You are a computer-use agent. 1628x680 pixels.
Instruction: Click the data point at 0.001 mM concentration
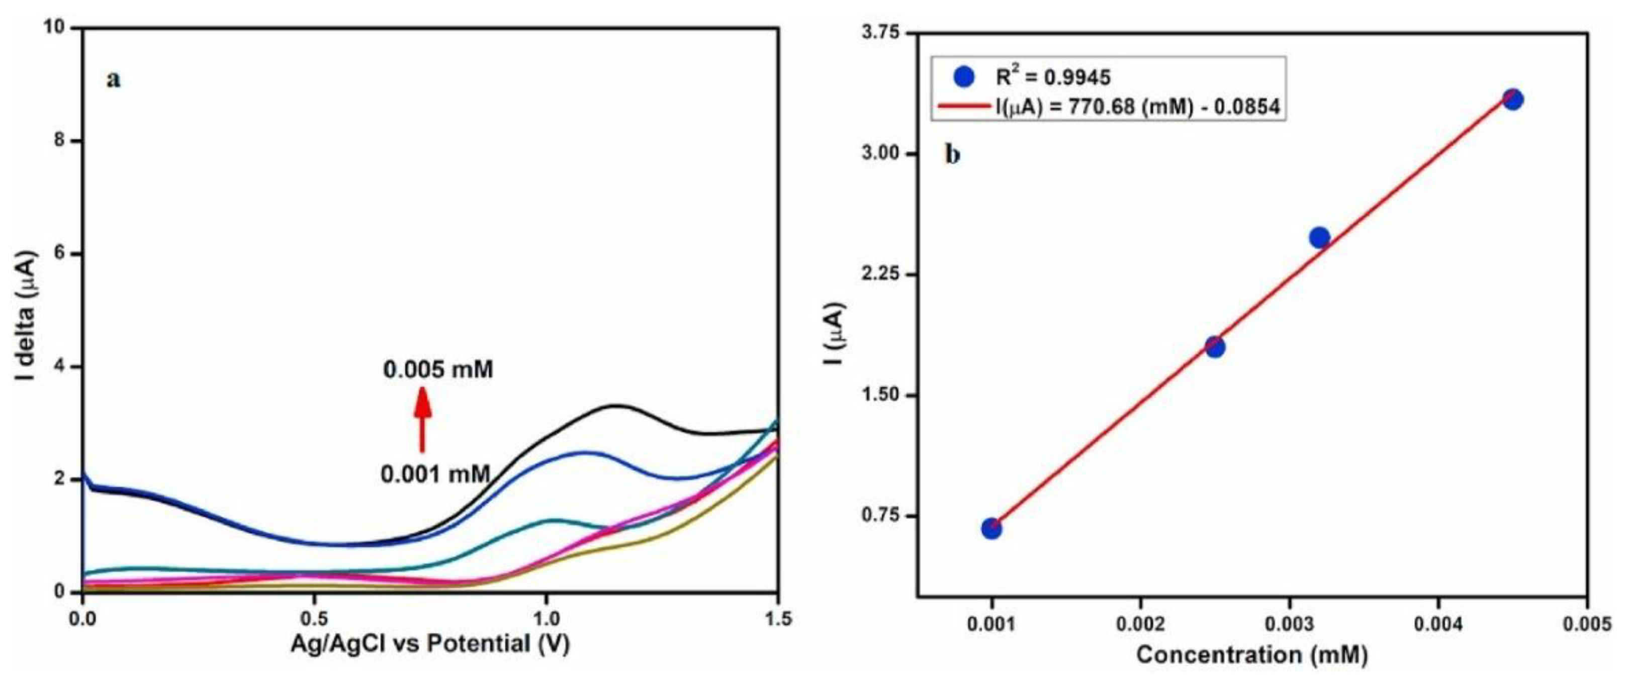pos(991,528)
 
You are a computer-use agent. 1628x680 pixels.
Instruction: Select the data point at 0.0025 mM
pos(1215,346)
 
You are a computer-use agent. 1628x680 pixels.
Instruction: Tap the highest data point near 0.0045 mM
pos(1512,99)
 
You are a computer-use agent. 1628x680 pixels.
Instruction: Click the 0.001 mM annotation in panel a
pos(435,473)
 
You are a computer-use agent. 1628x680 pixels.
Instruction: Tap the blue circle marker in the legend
pos(964,77)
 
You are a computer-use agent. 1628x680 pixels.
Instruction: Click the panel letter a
pos(114,79)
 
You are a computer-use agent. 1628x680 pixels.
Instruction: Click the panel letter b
pos(952,154)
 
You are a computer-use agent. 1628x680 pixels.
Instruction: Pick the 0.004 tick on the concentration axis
pos(1438,623)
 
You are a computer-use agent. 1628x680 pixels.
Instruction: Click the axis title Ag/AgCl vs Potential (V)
pos(430,644)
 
